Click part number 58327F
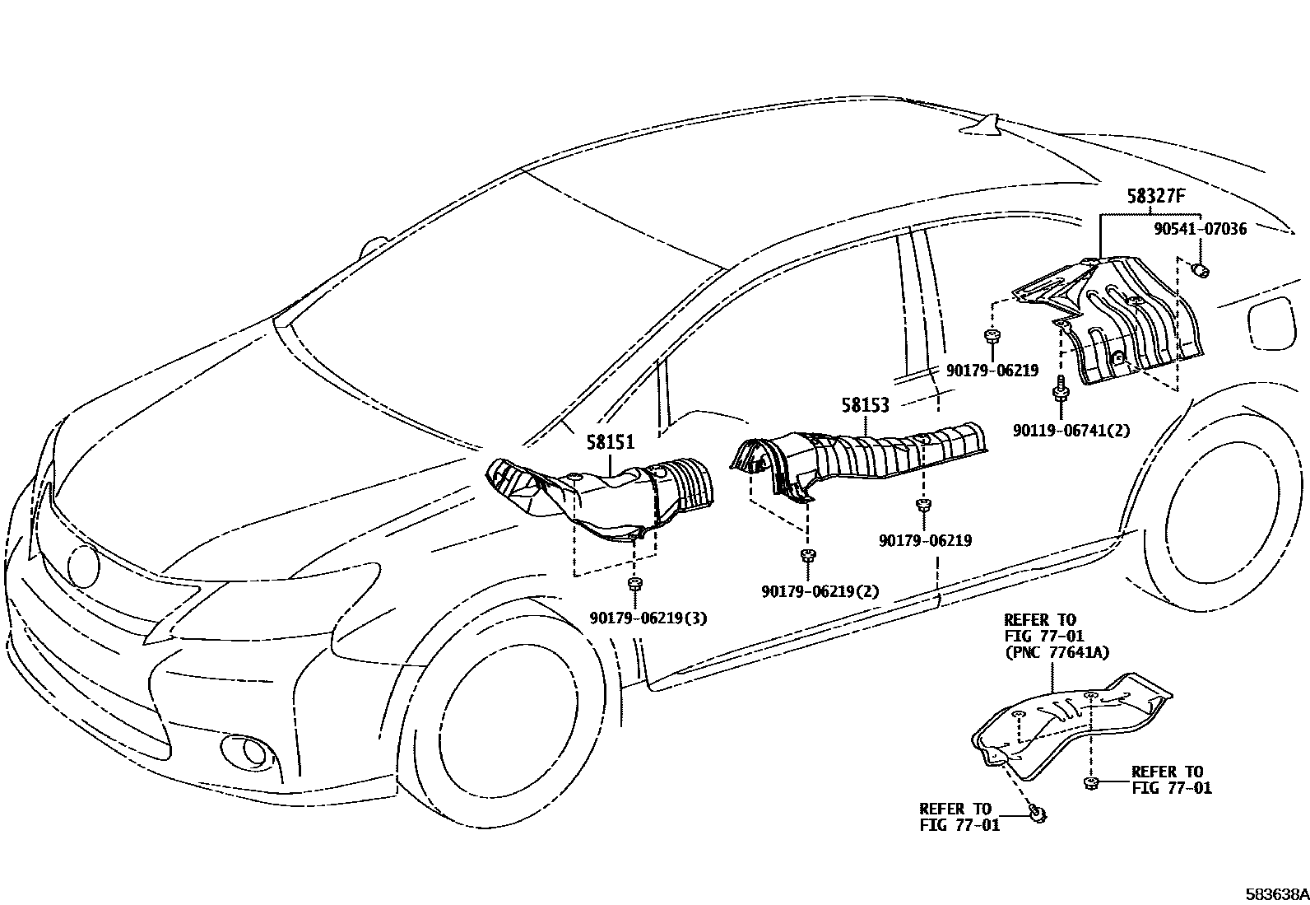pyautogui.click(x=1155, y=197)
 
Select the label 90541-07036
pyautogui.click(x=1200, y=229)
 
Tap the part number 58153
pyautogui.click(x=866, y=405)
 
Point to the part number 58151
pyautogui.click(x=611, y=442)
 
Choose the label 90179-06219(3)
pyautogui.click(x=648, y=618)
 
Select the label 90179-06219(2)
pyautogui.click(x=820, y=591)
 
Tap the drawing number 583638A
pyautogui.click(x=1275, y=893)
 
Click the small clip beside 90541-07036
pyautogui.click(x=1201, y=269)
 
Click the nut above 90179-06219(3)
pyautogui.click(x=634, y=585)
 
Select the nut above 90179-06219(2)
pyautogui.click(x=808, y=556)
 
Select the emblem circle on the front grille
pyautogui.click(x=84, y=566)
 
